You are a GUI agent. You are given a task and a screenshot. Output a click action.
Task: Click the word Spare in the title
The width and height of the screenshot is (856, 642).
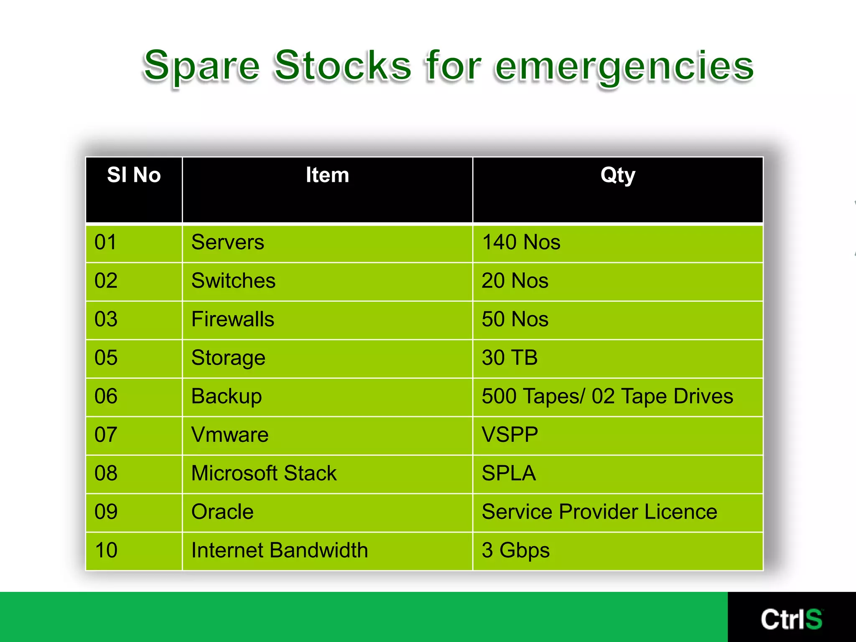(201, 66)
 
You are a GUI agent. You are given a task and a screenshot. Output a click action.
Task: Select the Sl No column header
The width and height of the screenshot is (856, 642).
(134, 175)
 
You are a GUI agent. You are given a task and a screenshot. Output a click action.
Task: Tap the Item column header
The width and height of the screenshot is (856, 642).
(327, 175)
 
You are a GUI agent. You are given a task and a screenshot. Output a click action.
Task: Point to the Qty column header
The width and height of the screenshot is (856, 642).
(617, 175)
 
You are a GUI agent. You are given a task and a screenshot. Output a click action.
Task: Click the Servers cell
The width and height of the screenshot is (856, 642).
(228, 242)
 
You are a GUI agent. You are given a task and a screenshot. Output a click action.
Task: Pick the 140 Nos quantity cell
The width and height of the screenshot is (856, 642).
(521, 242)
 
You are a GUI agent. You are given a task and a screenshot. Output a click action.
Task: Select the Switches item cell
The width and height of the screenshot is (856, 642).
(233, 281)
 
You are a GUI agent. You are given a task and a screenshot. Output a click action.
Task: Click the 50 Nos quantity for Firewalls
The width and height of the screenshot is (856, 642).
(515, 319)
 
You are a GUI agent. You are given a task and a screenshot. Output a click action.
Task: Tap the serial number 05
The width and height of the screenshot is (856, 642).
(106, 358)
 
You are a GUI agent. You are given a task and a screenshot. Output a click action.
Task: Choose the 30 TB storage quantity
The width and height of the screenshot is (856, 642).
(509, 358)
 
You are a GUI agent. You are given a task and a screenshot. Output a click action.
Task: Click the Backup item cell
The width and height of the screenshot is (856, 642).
(227, 396)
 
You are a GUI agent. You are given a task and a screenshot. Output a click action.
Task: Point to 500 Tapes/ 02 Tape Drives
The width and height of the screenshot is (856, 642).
(607, 396)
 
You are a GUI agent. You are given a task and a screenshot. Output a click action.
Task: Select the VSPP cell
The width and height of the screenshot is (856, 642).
(510, 435)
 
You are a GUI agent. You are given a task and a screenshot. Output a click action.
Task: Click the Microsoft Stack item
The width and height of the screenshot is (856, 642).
(264, 473)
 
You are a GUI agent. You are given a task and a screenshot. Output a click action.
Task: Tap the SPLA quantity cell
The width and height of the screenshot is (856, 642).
(509, 473)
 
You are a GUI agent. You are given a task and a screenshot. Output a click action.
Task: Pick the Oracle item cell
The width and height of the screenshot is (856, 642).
(222, 512)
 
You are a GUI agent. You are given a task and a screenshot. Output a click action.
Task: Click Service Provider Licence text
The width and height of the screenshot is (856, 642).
(599, 512)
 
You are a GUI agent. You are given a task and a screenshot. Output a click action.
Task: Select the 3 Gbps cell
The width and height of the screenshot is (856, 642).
(515, 550)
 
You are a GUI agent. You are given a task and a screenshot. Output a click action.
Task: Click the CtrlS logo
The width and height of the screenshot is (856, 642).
(791, 619)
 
